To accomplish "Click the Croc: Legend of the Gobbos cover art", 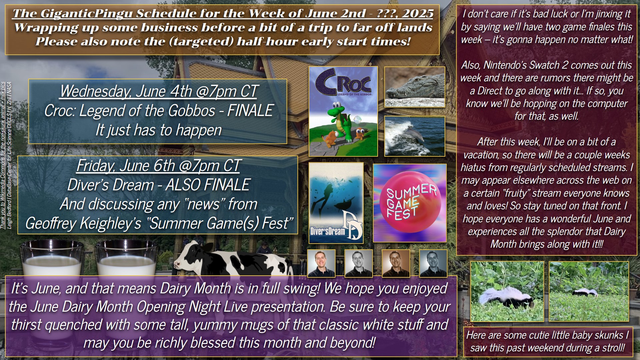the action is tap(343, 111).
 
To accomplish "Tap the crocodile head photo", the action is tap(415, 87).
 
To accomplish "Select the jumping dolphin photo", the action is tap(415, 136).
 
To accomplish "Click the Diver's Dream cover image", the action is tap(336, 203).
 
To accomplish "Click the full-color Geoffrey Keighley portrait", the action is tap(321, 263).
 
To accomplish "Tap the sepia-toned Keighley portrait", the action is tap(396, 263).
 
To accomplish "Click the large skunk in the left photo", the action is tap(503, 298).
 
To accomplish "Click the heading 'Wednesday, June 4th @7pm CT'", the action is tap(159, 91).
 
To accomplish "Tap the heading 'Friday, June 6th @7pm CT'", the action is tap(158, 166).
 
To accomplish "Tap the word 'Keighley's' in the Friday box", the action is tap(114, 223).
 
